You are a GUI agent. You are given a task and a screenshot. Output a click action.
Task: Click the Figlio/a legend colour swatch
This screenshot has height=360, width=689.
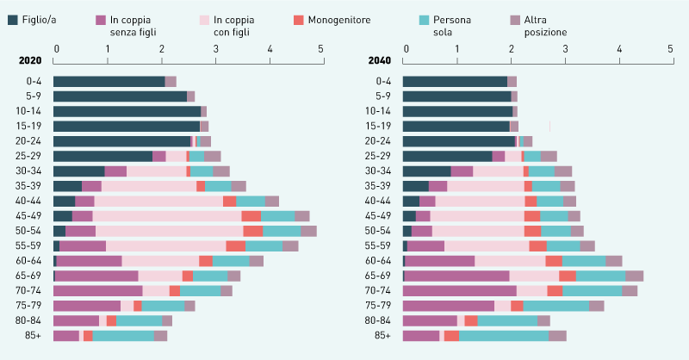[12, 19]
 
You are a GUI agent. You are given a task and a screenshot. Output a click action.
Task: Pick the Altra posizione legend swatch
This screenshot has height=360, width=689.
[515, 19]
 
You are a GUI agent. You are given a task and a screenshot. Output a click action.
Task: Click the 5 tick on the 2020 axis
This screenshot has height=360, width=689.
[321, 48]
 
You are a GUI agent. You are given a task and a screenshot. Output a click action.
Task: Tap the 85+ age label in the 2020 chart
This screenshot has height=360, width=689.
[33, 335]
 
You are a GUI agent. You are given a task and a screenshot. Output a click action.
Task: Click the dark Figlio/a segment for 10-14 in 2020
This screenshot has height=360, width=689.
[127, 111]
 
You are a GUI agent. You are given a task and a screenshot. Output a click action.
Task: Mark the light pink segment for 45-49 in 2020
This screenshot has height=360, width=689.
[166, 215]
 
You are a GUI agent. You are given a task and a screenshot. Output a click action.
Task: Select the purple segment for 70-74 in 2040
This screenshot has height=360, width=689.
[460, 290]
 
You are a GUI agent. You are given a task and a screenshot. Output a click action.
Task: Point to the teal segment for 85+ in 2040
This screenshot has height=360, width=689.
[504, 335]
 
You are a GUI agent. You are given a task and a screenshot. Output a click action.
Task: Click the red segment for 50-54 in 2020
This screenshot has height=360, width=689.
[253, 231]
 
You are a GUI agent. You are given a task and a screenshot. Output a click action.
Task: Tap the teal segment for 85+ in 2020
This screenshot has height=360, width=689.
[122, 335]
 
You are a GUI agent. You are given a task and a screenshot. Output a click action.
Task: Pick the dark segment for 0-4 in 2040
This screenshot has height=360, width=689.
[455, 81]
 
